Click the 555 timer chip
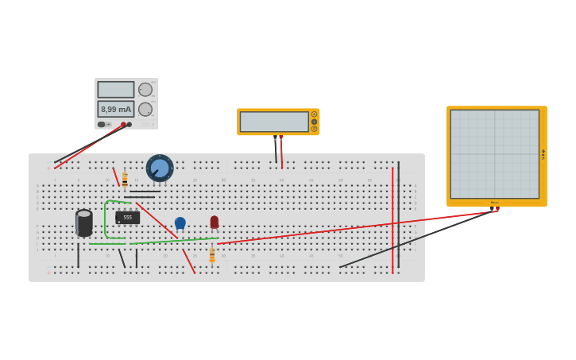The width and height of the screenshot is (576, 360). pyautogui.click(x=127, y=217)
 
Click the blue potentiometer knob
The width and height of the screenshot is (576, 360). pyautogui.click(x=160, y=168)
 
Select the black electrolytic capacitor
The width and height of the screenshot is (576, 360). pyautogui.click(x=83, y=223)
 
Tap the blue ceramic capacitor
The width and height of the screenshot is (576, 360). pyautogui.click(x=180, y=223)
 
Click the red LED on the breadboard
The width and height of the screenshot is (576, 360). pyautogui.click(x=215, y=223)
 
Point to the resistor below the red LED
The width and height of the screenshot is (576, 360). pyautogui.click(x=212, y=255)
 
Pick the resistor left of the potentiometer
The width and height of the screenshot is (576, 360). pyautogui.click(x=125, y=180)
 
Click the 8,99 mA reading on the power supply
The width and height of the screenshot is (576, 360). pyautogui.click(x=116, y=109)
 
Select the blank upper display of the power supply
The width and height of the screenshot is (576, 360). pyautogui.click(x=116, y=89)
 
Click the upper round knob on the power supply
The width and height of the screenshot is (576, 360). pyautogui.click(x=145, y=90)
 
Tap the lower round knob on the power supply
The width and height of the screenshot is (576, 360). pyautogui.click(x=145, y=109)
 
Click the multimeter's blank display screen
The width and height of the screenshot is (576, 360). pyautogui.click(x=274, y=122)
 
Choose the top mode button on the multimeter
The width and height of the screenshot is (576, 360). pyautogui.click(x=314, y=114)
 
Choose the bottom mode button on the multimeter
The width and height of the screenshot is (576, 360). pyautogui.click(x=314, y=129)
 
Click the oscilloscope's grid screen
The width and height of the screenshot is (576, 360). pyautogui.click(x=494, y=153)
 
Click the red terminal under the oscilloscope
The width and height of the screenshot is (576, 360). pyautogui.click(x=497, y=209)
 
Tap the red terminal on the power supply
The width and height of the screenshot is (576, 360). pyautogui.click(x=123, y=125)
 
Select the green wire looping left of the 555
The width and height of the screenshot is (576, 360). pyautogui.click(x=105, y=219)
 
